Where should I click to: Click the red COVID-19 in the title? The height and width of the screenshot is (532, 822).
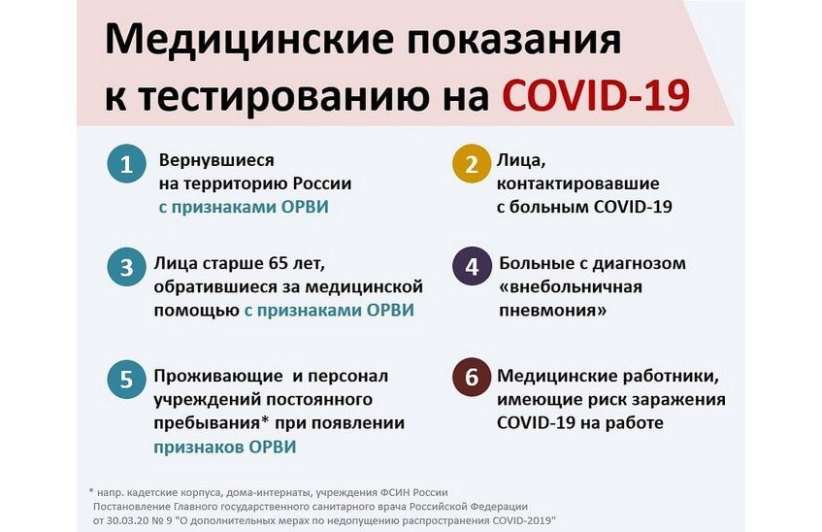pyautogui.click(x=596, y=95)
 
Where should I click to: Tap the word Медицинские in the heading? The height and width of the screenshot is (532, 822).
pyautogui.click(x=249, y=40)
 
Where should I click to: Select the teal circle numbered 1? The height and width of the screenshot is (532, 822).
pyautogui.click(x=126, y=164)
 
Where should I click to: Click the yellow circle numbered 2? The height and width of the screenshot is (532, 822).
pyautogui.click(x=472, y=164)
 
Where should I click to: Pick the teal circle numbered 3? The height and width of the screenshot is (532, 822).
pyautogui.click(x=126, y=267)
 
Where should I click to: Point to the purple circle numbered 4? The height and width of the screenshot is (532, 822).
pyautogui.click(x=472, y=267)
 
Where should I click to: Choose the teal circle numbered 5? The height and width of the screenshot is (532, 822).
pyautogui.click(x=126, y=380)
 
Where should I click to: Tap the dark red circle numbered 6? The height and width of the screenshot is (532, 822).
pyautogui.click(x=472, y=377)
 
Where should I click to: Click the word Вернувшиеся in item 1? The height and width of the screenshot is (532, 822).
pyautogui.click(x=216, y=160)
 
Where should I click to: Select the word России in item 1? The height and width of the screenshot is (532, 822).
pyautogui.click(x=322, y=183)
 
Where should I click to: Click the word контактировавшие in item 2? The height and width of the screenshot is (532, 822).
pyautogui.click(x=577, y=183)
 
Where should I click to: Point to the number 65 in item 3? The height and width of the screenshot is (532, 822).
pyautogui.click(x=278, y=263)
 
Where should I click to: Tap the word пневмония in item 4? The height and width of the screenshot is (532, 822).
pyautogui.click(x=552, y=310)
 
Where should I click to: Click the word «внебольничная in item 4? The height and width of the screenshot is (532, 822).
pyautogui.click(x=571, y=287)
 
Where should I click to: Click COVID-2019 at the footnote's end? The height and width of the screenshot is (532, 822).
pyautogui.click(x=523, y=521)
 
